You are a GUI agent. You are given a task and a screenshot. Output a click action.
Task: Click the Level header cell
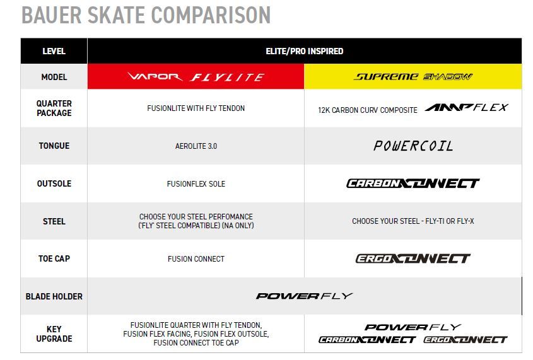tap(54, 51)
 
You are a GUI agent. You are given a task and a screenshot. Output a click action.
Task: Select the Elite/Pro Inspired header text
tap(305, 51)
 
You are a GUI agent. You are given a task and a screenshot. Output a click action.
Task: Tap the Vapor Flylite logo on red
tap(196, 77)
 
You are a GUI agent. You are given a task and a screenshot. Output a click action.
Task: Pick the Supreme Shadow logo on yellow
tap(413, 77)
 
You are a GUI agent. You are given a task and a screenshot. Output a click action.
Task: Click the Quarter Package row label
tap(54, 108)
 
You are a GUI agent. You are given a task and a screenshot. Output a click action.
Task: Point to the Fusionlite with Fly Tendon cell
tap(196, 108)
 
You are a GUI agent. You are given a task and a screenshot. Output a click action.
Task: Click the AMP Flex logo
tap(466, 108)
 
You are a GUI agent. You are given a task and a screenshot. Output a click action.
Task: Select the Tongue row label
tap(54, 146)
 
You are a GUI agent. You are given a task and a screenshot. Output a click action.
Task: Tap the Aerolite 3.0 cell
tap(196, 146)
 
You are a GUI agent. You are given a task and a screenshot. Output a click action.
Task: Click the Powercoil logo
tap(413, 146)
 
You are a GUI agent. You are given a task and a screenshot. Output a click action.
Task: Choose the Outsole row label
tap(54, 183)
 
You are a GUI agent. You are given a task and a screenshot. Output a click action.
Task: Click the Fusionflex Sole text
tap(196, 183)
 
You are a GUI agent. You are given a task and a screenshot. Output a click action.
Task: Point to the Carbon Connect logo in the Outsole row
tap(413, 183)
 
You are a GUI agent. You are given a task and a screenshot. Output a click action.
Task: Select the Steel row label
tap(54, 221)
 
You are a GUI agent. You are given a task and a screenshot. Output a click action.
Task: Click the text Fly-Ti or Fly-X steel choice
tap(413, 221)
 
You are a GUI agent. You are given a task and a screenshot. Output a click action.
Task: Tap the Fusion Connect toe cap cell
tap(196, 258)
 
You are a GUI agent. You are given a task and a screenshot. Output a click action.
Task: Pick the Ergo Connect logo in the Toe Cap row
tap(413, 258)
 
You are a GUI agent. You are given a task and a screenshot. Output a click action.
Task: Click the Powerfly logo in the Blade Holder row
tap(305, 296)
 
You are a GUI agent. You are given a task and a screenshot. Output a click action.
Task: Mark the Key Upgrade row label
tap(54, 334)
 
